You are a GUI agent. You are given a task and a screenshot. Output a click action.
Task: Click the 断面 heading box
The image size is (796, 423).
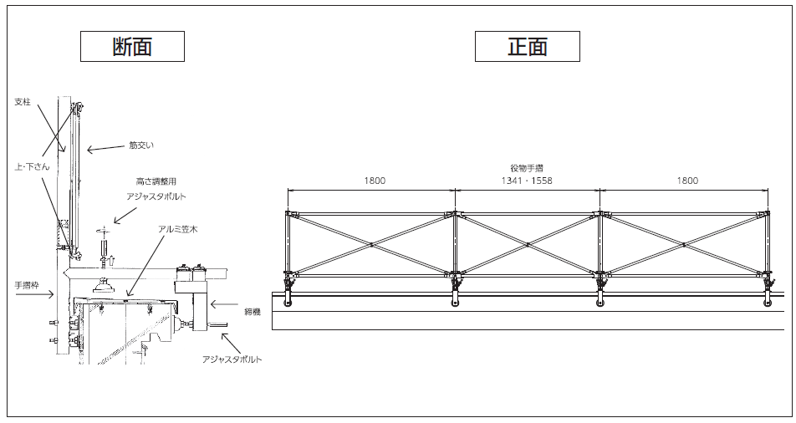click(132, 46)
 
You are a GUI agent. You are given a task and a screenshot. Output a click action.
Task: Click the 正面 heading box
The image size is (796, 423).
click(527, 46)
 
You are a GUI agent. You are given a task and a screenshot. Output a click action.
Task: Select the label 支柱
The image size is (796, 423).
click(23, 102)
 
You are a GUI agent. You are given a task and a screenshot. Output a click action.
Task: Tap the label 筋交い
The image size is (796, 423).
click(141, 145)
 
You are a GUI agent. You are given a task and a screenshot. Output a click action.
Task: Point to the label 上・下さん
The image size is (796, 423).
click(33, 166)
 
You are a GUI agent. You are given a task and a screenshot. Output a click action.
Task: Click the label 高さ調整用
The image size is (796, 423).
click(156, 181)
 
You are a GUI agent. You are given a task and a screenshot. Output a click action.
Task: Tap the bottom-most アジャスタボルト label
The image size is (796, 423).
click(232, 359)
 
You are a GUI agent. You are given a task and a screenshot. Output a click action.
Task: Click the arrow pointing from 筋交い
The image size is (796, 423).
click(105, 150)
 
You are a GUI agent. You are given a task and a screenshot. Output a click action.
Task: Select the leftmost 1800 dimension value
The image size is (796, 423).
click(374, 181)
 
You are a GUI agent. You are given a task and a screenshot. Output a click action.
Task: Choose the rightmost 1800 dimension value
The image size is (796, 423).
click(686, 181)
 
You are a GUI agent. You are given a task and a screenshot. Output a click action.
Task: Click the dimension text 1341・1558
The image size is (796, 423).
click(527, 181)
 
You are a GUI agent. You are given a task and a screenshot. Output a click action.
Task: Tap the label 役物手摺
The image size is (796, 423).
click(527, 168)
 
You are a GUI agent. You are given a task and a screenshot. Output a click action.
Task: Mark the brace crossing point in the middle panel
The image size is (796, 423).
click(528, 244)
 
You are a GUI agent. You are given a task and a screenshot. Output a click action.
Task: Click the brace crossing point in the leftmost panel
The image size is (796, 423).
click(371, 244)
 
